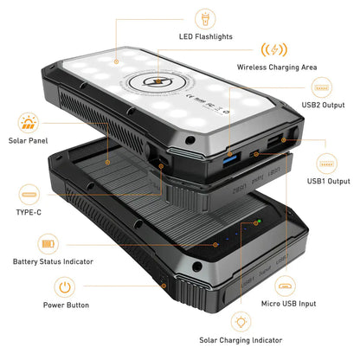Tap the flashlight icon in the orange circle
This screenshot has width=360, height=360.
[x=206, y=16]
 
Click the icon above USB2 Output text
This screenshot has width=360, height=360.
[x=323, y=87]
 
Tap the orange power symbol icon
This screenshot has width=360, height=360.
[x=65, y=285]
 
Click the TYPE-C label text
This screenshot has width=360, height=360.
[x=29, y=210]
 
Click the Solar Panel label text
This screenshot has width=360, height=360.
[x=29, y=140]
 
